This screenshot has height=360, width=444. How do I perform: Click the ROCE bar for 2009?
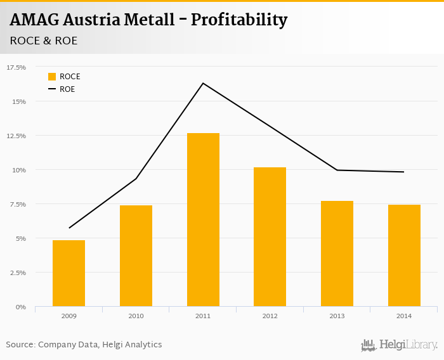coord(69,273)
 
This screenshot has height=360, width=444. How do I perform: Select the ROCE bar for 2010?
coord(136,256)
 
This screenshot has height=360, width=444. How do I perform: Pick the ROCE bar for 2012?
coord(270,237)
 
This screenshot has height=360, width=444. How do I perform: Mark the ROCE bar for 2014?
coord(404,255)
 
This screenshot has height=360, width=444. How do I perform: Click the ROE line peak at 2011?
coord(203,83)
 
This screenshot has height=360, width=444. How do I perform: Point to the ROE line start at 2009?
coord(69,228)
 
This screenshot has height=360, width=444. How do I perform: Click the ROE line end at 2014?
coord(403,172)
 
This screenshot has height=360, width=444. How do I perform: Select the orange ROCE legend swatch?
coord(52,77)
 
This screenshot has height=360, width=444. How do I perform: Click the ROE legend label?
coord(67,89)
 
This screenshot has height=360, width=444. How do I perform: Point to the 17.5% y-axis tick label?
coord(16,67)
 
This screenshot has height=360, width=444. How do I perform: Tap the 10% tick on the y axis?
coord(19,170)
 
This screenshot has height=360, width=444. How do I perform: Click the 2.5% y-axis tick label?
coord(17,273)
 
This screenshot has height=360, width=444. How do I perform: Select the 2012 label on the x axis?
coord(270,316)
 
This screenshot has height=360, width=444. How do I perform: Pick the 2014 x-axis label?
coord(404,316)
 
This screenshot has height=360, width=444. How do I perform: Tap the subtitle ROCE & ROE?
coord(44,41)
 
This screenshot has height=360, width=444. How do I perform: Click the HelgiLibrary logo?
coord(399,345)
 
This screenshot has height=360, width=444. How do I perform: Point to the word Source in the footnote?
coord(20,344)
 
